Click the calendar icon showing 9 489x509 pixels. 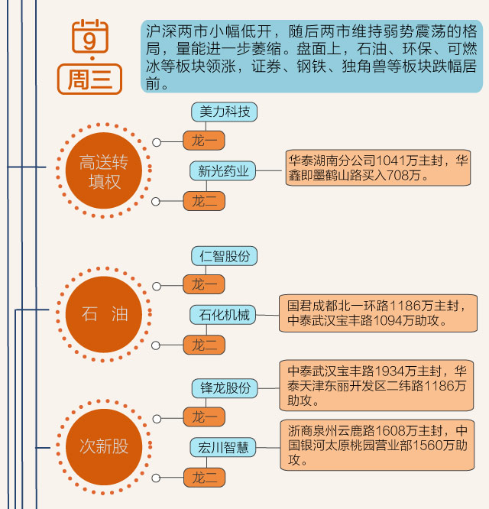[x=90, y=34]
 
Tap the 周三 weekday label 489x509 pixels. [x=89, y=78]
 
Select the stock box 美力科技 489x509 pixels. [x=225, y=112]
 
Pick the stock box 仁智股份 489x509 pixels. [x=225, y=256]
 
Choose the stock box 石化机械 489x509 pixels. [x=224, y=315]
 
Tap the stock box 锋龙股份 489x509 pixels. [x=225, y=388]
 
